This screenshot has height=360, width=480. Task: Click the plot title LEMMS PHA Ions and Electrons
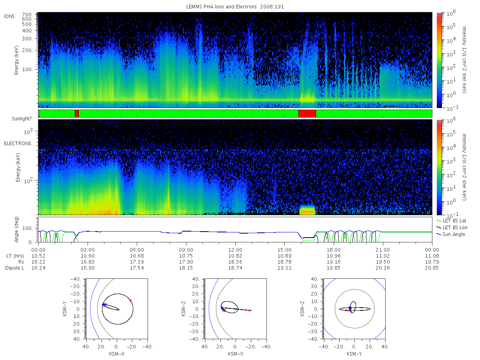coord(221,7)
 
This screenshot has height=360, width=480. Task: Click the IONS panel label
coord(9,16)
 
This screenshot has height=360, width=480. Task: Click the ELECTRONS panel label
coord(18,144)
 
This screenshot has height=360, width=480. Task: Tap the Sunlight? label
coord(22,119)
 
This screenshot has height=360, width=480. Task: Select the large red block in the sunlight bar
coord(307,114)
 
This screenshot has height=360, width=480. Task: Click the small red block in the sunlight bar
coord(76,114)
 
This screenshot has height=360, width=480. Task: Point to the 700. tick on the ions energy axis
coord(27,15)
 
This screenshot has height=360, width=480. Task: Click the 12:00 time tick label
coord(235,250)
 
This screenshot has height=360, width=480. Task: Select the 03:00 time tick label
coord(88,250)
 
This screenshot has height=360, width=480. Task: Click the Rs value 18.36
coord(235,262)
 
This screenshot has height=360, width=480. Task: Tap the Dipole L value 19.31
coord(284,268)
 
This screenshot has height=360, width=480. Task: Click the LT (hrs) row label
coord(15,256)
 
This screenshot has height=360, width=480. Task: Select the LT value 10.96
coord(334,256)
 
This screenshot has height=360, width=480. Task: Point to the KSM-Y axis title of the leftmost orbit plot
coord(65,309)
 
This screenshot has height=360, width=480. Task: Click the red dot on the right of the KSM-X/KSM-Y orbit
coord(130,300)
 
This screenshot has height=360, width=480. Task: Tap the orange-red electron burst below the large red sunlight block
coord(307,211)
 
